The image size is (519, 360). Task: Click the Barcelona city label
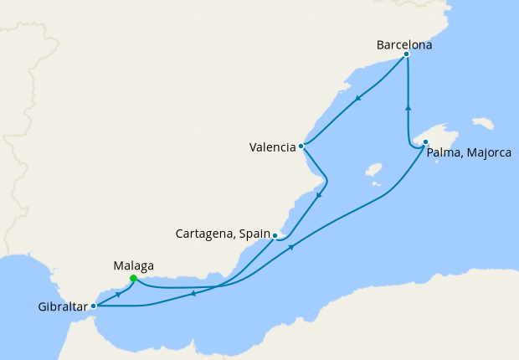pos(404,44)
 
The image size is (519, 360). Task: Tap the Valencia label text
pos(272,148)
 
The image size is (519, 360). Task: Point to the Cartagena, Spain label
pos(222,234)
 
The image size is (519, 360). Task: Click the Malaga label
pos(133,265)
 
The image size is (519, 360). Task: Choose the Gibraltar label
pos(63,307)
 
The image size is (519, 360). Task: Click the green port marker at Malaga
pos(134,279)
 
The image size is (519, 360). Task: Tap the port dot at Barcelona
pos(406,54)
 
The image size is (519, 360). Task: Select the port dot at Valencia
pos(301,146)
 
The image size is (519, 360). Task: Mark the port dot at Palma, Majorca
pos(425,141)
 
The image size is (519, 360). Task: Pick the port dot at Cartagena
pos(275,236)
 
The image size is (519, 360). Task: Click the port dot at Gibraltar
pos(93,306)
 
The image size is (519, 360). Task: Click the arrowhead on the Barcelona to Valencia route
pos(357,98)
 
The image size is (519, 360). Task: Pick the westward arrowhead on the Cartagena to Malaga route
pos(193,293)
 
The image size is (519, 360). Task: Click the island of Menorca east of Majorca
pos(483,123)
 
